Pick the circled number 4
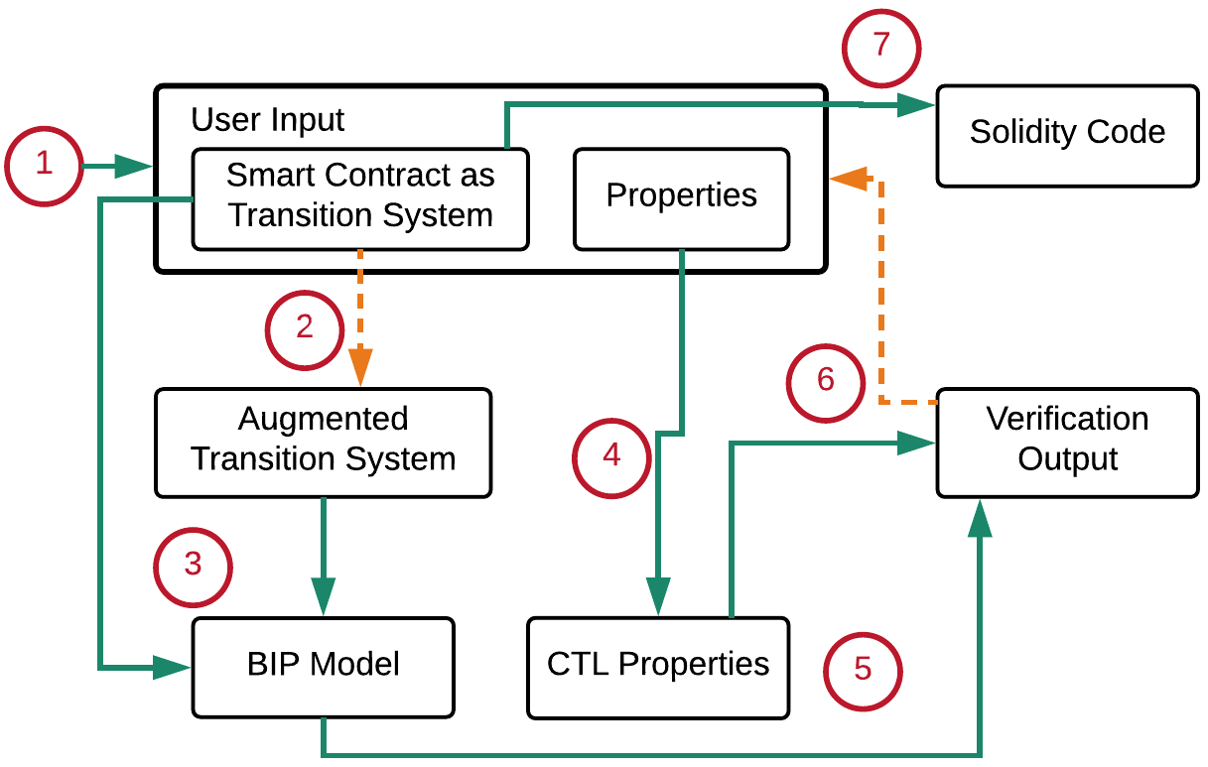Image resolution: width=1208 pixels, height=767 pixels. [x=611, y=458]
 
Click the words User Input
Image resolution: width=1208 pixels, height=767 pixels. [x=267, y=120]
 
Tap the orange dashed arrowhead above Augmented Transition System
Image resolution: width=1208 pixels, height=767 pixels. [x=360, y=367]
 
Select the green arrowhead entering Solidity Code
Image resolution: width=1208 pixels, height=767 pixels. [x=916, y=105]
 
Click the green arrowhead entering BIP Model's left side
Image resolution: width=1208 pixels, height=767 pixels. [x=172, y=668]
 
